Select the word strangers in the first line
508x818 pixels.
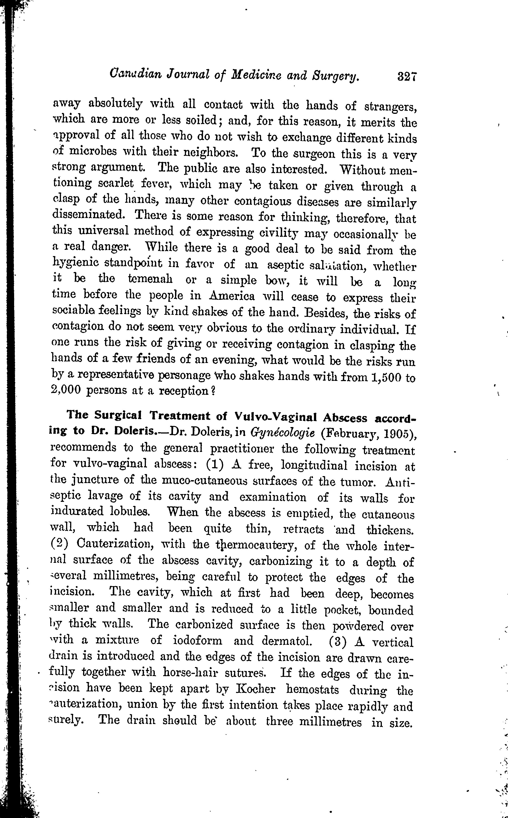click(x=390, y=108)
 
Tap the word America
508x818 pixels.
click(x=232, y=296)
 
